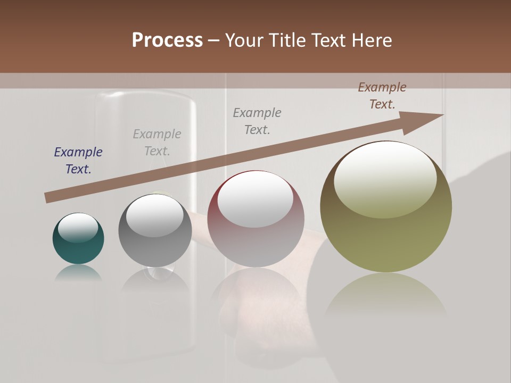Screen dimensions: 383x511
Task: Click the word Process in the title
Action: point(167,40)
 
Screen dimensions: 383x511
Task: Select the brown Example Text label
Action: point(382,96)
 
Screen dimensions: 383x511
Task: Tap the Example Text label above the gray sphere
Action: point(157,143)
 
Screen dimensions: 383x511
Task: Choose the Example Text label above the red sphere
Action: point(257,121)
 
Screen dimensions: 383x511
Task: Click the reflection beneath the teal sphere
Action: point(78,272)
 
